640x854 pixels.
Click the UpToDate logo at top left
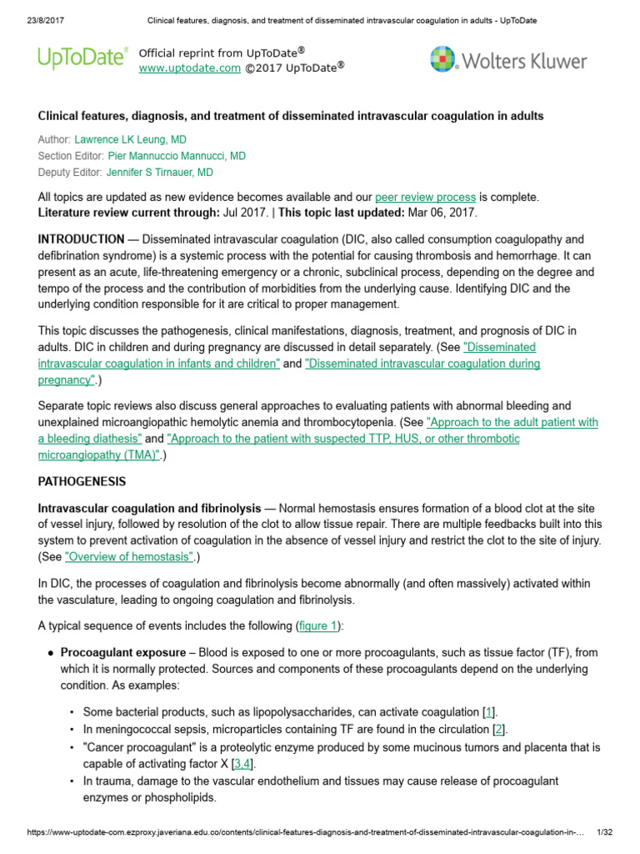pos(82,58)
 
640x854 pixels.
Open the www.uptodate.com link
pos(189,68)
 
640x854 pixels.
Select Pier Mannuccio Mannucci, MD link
pos(177,156)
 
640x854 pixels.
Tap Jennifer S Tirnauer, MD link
pos(159,173)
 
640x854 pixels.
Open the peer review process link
pos(425,197)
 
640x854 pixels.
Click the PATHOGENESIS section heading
pos(82,482)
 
